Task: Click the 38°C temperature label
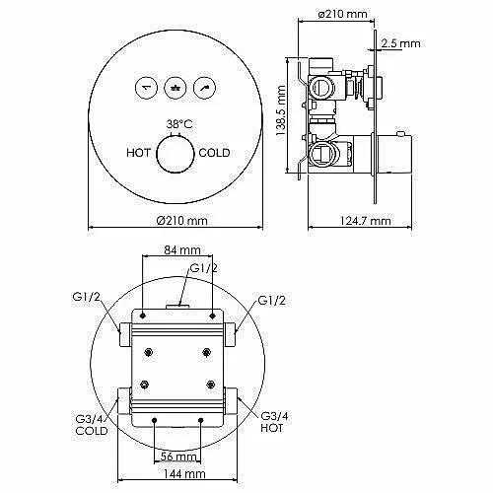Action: tap(179, 124)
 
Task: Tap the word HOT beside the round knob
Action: tap(138, 153)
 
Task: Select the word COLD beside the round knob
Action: tap(214, 153)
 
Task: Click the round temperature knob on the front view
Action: tap(176, 155)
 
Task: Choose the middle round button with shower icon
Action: tap(176, 88)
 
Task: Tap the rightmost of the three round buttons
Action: tap(205, 88)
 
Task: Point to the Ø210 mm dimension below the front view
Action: tap(181, 220)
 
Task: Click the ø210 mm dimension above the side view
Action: tap(342, 14)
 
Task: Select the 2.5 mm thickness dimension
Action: tap(401, 43)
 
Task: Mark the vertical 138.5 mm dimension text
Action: tap(281, 113)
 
